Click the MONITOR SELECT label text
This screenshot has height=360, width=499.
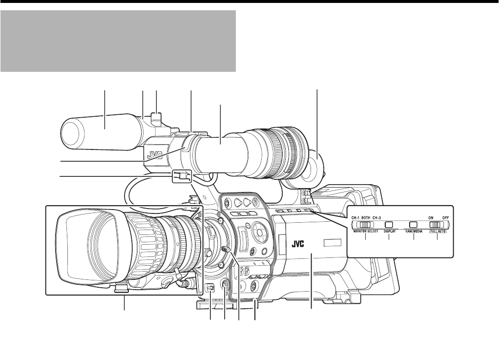click(x=365, y=232)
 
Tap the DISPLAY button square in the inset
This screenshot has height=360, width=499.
click(x=389, y=225)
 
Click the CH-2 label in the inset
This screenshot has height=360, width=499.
click(x=376, y=218)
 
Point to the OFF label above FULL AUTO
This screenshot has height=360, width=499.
click(x=445, y=218)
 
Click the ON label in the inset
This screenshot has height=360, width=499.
click(x=431, y=218)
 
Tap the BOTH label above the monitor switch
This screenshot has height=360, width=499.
click(x=365, y=218)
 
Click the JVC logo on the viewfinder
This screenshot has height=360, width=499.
click(x=155, y=155)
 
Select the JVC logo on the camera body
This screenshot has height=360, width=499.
click(x=298, y=244)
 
